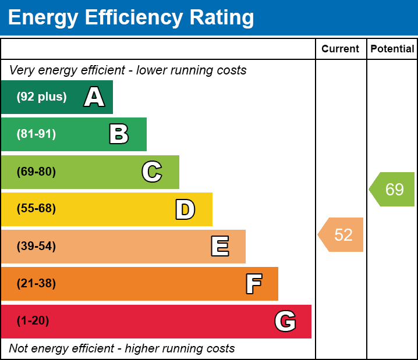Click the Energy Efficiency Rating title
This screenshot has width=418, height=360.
131,17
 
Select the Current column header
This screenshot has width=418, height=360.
341,49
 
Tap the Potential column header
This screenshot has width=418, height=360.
392,49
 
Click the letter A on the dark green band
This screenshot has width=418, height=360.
94,97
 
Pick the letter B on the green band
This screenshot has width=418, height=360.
119,134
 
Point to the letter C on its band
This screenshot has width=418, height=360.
152,172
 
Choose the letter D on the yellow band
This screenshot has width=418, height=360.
185,209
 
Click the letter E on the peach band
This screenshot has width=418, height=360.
219,247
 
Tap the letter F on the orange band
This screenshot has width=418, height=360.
253,284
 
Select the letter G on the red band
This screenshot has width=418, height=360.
285,321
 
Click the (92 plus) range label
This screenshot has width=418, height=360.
41,97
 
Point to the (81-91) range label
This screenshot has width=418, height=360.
36,134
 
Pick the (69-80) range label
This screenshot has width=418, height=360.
36,172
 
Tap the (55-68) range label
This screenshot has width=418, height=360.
36,209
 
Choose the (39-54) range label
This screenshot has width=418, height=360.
36,247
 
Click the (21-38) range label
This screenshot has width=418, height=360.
36,284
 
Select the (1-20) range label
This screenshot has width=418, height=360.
33,321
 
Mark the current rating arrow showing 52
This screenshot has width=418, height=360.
342,235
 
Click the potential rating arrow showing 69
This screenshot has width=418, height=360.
393,190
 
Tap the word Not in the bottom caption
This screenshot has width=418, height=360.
18,349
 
